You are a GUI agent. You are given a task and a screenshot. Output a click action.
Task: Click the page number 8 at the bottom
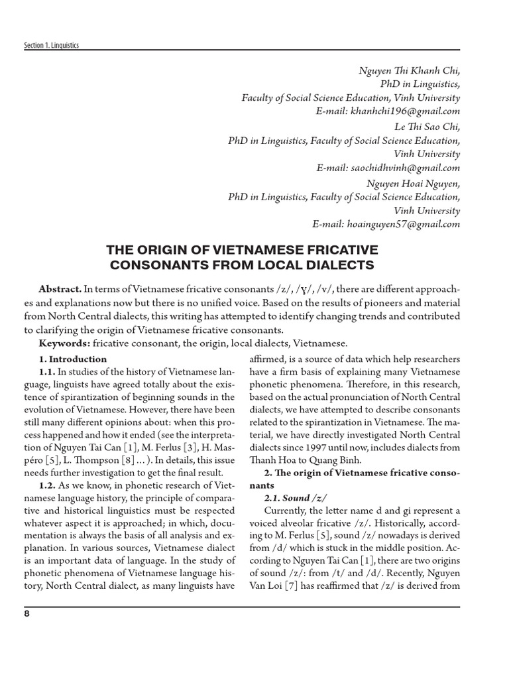pyautogui.click(x=27, y=613)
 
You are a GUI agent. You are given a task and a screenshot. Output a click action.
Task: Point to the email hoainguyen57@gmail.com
pyautogui.click(x=403, y=224)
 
